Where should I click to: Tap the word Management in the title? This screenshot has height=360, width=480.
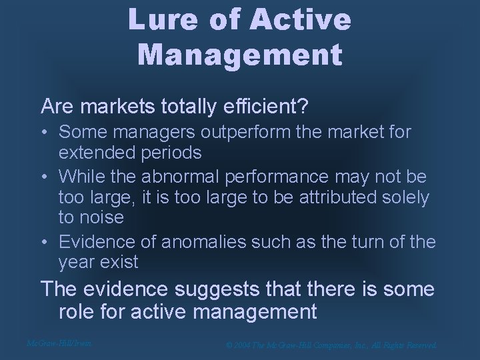(240, 52)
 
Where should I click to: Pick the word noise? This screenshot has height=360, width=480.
(101, 217)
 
